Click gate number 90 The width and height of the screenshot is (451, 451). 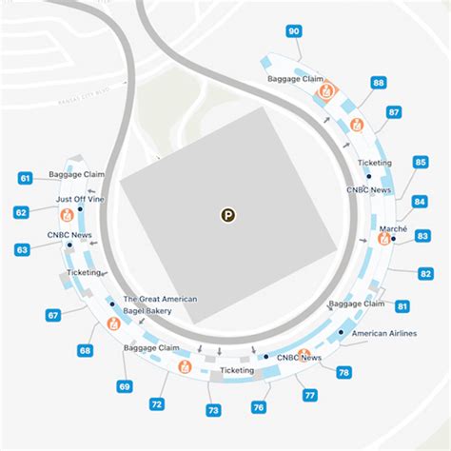pyautogui.click(x=294, y=31)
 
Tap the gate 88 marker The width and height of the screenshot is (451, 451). pyautogui.click(x=379, y=84)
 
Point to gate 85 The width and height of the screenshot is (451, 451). pyautogui.click(x=421, y=163)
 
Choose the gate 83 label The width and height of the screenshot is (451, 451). pyautogui.click(x=424, y=235)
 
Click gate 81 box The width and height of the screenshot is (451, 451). pyautogui.click(x=402, y=306)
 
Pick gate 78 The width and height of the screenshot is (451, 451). pyautogui.click(x=344, y=372)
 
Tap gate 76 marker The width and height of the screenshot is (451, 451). pyautogui.click(x=259, y=406)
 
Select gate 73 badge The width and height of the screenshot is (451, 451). pyautogui.click(x=213, y=411)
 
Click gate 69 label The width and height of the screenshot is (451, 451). pyautogui.click(x=125, y=386)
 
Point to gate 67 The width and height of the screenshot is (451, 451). pyautogui.click(x=54, y=315)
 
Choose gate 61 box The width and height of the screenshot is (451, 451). pyautogui.click(x=26, y=178)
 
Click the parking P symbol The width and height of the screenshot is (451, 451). pyautogui.click(x=227, y=215)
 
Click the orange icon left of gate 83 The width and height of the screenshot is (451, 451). pyautogui.click(x=384, y=239)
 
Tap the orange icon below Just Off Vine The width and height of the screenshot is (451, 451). pyautogui.click(x=67, y=214)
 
